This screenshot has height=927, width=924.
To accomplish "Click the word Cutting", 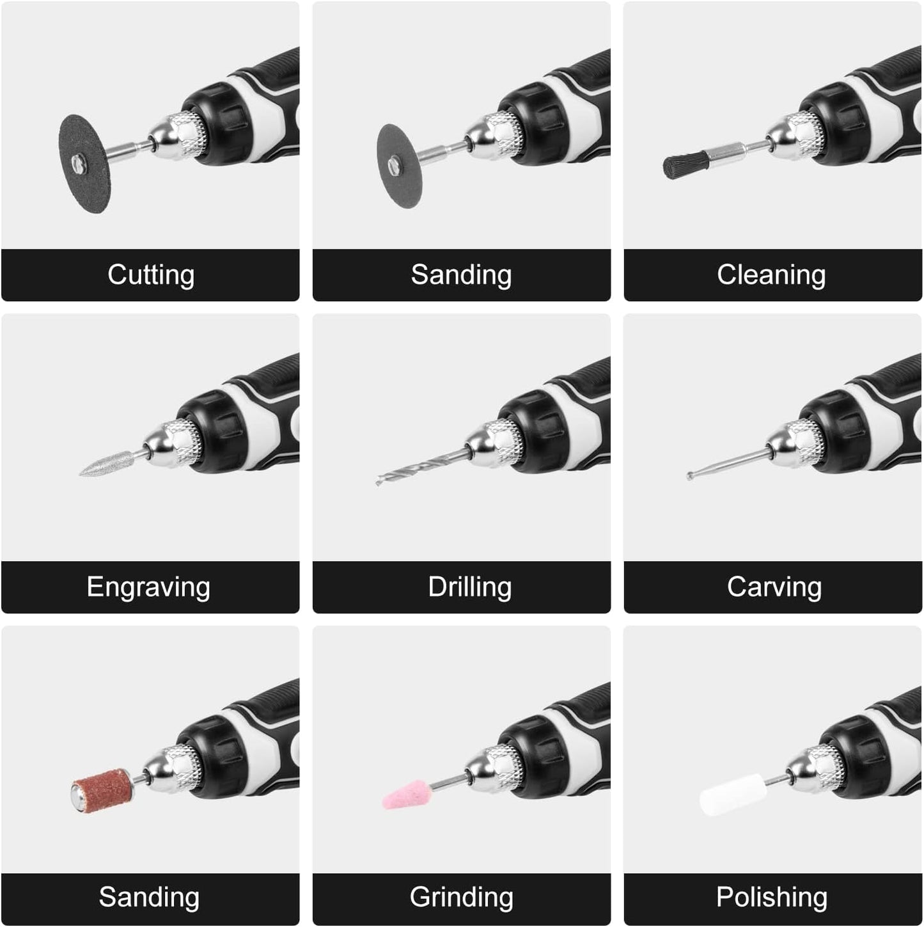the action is click(x=150, y=275).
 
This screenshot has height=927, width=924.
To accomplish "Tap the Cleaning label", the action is click(x=771, y=275).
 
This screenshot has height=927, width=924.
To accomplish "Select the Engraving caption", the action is click(x=148, y=587).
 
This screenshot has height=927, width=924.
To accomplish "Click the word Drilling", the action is click(x=469, y=587).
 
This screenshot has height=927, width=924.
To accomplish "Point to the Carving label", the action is click(x=774, y=587).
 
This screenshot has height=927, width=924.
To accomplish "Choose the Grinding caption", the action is click(x=461, y=898).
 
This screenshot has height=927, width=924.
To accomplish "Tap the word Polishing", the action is click(x=772, y=898).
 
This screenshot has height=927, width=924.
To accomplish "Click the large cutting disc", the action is click(x=85, y=164).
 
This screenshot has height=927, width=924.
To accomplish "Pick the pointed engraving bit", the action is click(x=107, y=464).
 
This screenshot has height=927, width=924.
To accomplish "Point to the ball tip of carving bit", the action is click(x=690, y=475).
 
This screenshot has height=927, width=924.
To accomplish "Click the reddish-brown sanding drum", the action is click(x=103, y=791).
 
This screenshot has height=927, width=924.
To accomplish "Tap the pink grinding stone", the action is click(x=406, y=794).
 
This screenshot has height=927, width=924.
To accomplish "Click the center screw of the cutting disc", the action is click(x=79, y=164).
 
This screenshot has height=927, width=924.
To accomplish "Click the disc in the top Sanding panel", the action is click(x=399, y=166).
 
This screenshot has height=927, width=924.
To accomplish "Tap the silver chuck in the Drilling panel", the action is click(x=494, y=443).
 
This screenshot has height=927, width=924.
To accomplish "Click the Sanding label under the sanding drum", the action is click(x=149, y=898).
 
